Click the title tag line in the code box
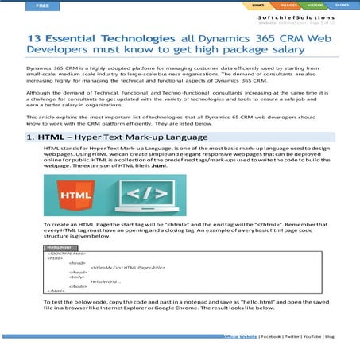[x=127, y=266]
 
